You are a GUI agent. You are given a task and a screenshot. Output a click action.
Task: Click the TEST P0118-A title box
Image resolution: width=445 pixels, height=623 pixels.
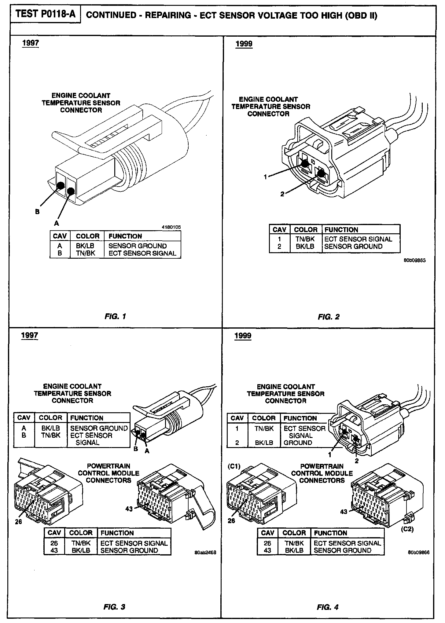click(x=46, y=14)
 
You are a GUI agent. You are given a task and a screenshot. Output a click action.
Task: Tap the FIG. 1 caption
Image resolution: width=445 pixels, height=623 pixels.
click(x=115, y=316)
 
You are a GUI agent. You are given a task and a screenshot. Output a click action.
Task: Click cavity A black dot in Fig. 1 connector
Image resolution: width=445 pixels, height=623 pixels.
click(x=71, y=191)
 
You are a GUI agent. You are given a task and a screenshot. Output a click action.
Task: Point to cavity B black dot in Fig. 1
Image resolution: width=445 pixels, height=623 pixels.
click(x=61, y=185)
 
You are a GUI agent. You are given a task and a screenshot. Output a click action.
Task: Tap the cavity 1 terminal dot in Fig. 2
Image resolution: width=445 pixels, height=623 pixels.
click(x=304, y=163)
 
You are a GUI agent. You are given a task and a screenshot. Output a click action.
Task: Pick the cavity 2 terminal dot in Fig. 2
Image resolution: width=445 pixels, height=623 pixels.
click(x=321, y=173)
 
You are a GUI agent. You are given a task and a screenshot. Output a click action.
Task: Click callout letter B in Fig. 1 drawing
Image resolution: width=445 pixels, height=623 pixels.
click(x=37, y=212)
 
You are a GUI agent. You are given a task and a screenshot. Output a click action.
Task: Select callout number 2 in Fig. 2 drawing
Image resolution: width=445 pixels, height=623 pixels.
click(x=282, y=194)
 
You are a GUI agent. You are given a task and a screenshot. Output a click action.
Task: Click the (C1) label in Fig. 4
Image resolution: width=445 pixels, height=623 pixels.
click(x=234, y=466)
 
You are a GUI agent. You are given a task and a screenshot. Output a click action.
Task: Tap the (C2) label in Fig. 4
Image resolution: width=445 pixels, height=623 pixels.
click(x=407, y=529)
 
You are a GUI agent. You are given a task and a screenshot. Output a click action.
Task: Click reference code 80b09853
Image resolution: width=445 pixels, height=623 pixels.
click(x=414, y=260)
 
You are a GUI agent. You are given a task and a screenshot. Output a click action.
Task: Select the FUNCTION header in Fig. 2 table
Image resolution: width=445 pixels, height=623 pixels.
click(x=341, y=230)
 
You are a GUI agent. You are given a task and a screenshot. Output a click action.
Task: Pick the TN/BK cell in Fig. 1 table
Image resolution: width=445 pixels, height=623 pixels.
click(x=85, y=253)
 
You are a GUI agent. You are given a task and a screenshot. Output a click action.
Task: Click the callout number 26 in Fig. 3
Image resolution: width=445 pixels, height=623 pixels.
click(x=18, y=522)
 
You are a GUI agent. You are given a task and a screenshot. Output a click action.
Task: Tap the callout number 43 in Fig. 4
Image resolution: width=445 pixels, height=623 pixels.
click(x=344, y=512)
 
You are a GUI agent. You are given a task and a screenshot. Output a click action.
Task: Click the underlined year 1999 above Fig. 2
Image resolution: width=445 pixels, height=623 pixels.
click(x=244, y=44)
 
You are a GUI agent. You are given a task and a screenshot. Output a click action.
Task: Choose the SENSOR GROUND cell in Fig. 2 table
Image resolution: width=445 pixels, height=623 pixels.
click(x=353, y=246)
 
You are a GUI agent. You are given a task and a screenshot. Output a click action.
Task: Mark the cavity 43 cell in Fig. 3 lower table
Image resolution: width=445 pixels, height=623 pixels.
click(x=54, y=550)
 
